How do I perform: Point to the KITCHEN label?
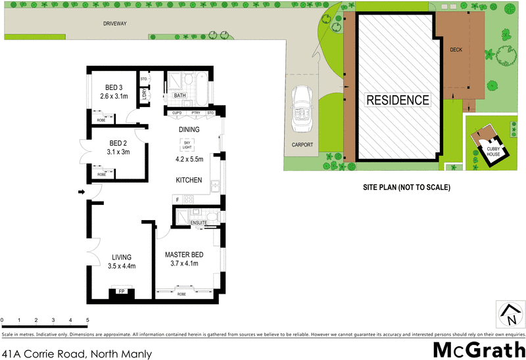click(x=188, y=179)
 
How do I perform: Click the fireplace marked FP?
click(x=121, y=290)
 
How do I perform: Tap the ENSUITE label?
click(x=199, y=223)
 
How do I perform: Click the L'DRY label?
click(x=144, y=95)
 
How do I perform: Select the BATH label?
click(x=179, y=96)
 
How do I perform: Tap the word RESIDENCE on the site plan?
click(x=397, y=101)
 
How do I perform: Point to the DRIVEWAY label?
click(x=114, y=24)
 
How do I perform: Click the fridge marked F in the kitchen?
click(x=177, y=198)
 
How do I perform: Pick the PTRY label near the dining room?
click(x=195, y=113)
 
